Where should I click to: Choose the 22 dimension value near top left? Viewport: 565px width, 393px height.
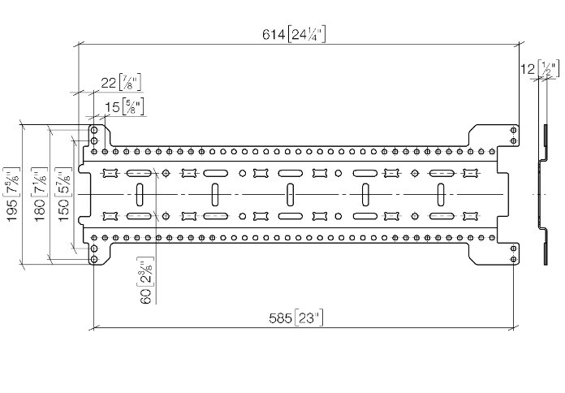pos(108,82)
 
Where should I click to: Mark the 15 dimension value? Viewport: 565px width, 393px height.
pos(111,106)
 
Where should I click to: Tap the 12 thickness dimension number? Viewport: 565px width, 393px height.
pos(528,70)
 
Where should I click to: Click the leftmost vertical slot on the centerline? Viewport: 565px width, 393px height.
pos(140,195)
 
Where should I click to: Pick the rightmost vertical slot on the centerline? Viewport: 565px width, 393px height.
pos(440,195)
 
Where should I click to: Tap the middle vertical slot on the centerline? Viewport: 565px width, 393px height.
pos(290,195)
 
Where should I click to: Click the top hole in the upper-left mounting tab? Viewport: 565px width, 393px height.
pos(95,130)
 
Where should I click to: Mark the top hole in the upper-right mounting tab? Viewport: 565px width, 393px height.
pos(513,130)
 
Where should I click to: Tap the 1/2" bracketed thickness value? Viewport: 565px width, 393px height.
pos(550,70)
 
